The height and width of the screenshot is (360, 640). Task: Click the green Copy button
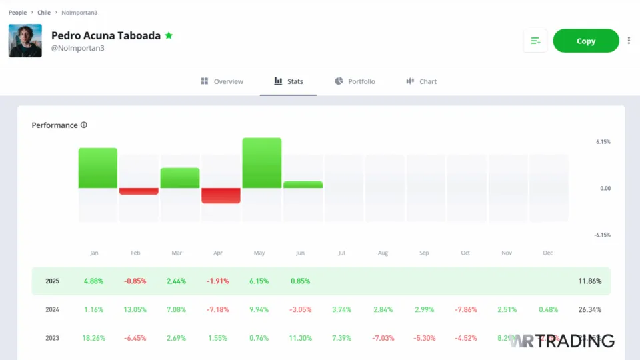click(585, 41)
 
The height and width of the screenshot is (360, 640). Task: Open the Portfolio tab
click(355, 81)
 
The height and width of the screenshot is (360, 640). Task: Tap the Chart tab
click(421, 81)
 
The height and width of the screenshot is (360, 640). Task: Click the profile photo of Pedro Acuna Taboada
click(25, 41)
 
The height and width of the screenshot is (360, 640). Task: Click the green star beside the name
click(169, 35)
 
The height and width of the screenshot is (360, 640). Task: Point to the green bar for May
click(262, 163)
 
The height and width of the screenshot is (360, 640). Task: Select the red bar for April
click(221, 195)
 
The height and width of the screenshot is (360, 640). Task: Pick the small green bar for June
click(303, 185)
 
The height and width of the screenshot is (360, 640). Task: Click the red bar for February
click(139, 191)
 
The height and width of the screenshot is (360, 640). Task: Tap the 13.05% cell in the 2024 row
click(135, 309)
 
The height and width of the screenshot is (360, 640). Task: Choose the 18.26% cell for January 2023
click(94, 338)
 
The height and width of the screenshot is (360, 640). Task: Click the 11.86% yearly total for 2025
click(589, 281)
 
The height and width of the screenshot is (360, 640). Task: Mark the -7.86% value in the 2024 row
click(465, 309)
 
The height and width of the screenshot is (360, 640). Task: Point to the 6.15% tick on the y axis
click(603, 142)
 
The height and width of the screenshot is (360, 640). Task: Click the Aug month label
click(383, 253)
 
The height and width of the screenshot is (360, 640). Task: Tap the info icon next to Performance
click(84, 125)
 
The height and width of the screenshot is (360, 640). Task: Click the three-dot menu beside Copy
click(629, 41)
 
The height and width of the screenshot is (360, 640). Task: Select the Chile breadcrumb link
click(44, 13)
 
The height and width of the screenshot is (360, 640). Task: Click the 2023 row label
click(52, 338)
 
